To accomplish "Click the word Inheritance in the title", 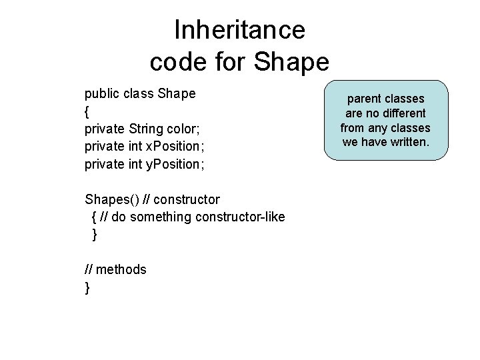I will tap(239, 30).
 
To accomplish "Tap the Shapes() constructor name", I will tap(111, 199).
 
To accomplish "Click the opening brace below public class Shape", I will tap(87, 111).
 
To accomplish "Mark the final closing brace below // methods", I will tap(87, 287).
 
